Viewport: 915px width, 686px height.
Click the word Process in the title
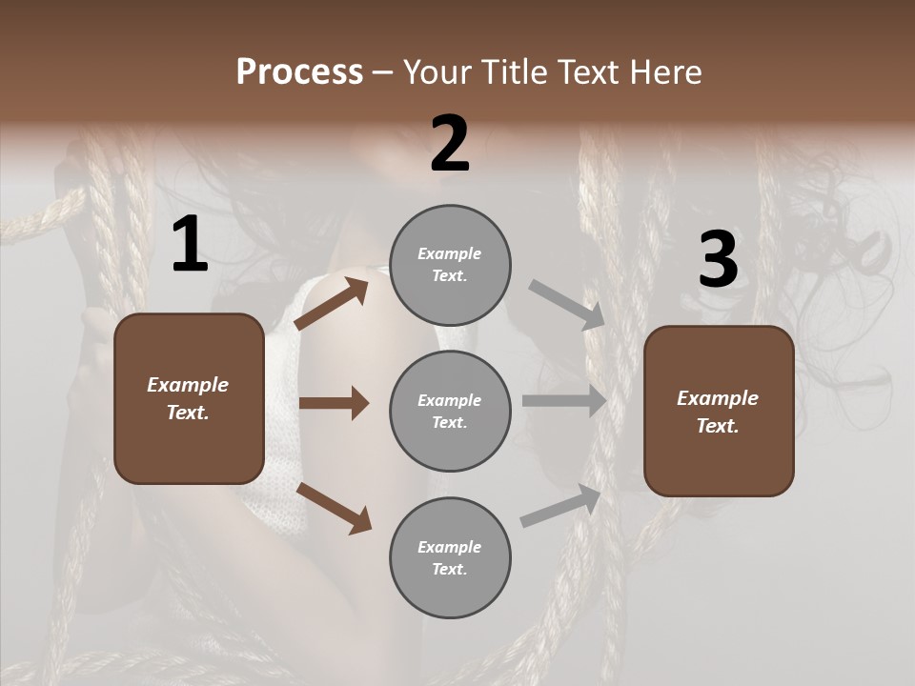click(x=299, y=71)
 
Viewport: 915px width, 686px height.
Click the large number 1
click(x=190, y=245)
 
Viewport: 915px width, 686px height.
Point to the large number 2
click(x=450, y=144)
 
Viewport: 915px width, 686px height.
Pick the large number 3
click(x=718, y=260)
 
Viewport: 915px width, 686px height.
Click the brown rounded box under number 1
click(x=189, y=398)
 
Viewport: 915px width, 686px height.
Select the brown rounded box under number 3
click(x=719, y=411)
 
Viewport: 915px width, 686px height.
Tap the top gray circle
click(x=450, y=265)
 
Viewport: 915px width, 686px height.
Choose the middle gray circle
click(x=450, y=411)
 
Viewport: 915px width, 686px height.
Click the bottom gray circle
click(x=450, y=557)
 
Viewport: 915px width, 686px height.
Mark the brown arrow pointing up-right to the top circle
click(x=331, y=303)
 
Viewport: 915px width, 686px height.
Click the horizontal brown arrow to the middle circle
click(x=334, y=403)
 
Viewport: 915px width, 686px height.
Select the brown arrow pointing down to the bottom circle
click(x=334, y=508)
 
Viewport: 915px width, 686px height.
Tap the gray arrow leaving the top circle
click(x=567, y=305)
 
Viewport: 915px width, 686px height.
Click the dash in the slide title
click(x=383, y=73)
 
